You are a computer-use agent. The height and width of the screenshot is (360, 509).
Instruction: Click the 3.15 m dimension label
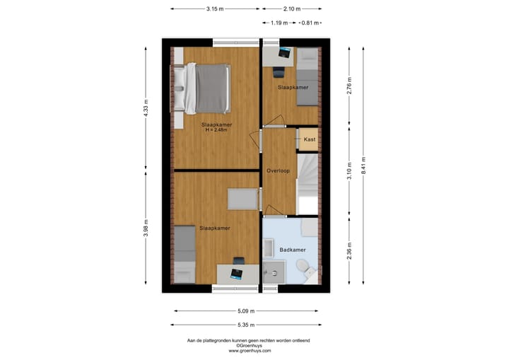(216, 9)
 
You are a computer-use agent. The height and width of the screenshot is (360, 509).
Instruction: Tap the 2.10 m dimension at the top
(291, 9)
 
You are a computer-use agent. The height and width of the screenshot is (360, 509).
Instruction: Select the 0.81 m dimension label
(310, 23)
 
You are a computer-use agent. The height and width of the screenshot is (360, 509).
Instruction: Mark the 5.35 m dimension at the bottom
(246, 325)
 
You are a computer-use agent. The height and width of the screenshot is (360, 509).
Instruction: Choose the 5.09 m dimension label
(246, 310)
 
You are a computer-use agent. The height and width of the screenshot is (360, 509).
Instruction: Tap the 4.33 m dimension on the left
(146, 110)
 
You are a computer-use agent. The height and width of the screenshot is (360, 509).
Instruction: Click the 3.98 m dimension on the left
(146, 231)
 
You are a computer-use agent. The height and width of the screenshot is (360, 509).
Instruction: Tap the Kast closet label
(309, 139)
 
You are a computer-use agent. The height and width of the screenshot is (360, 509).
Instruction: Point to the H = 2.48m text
(216, 130)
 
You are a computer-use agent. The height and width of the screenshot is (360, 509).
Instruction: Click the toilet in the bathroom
(303, 267)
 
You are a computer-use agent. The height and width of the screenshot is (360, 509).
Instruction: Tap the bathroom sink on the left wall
(269, 249)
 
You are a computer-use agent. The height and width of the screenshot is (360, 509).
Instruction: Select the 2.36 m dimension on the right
(349, 252)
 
